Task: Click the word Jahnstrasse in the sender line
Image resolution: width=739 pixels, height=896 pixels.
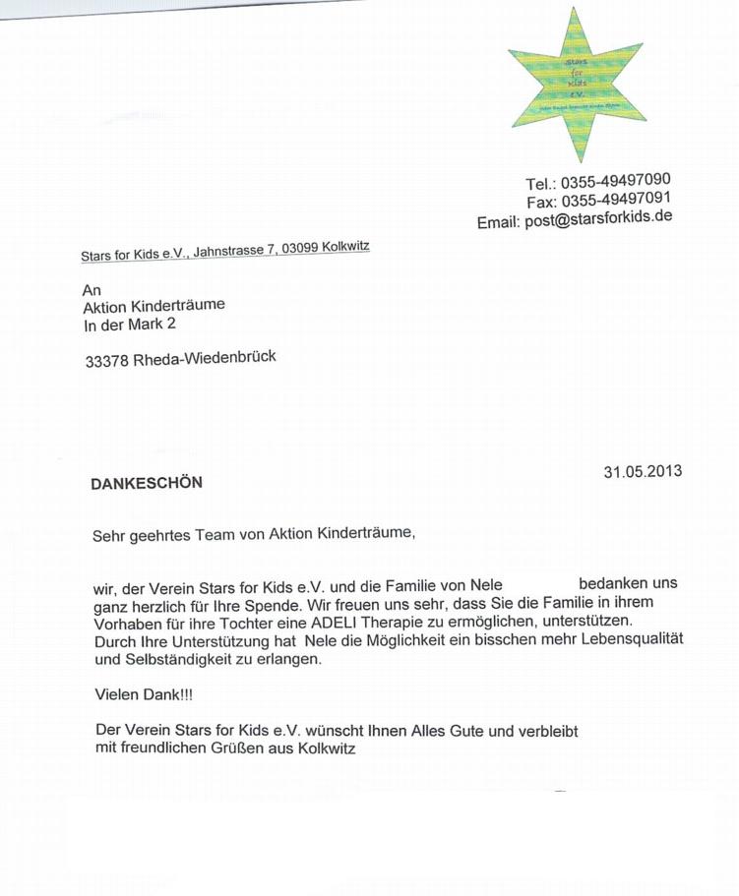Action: point(230,252)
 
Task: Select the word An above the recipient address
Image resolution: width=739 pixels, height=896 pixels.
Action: point(92,290)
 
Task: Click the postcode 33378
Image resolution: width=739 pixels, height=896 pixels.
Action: point(106,360)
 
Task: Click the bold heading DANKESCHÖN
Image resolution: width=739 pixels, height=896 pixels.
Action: point(147,483)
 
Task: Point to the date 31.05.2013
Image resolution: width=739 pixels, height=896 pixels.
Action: point(643,471)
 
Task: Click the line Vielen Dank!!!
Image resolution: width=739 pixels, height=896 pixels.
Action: point(144,694)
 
